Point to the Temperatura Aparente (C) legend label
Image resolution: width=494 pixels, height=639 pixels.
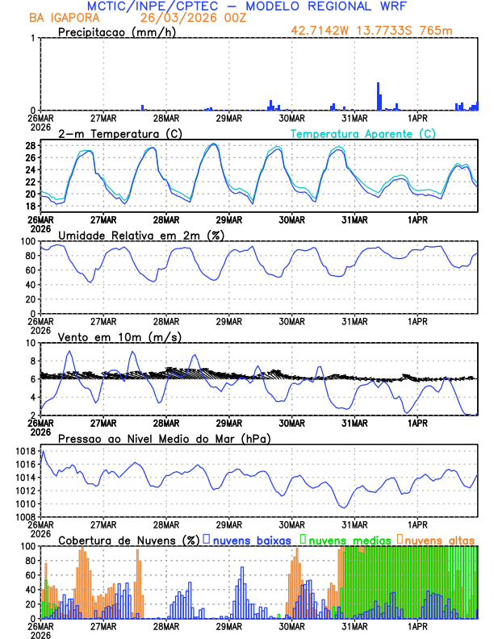coord(363,133)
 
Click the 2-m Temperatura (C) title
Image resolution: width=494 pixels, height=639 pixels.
coord(113,132)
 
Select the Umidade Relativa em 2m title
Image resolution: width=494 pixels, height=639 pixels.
coord(136,235)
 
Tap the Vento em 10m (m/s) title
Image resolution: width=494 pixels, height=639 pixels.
coord(119,336)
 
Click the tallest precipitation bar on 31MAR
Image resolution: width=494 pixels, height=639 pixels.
coord(378,95)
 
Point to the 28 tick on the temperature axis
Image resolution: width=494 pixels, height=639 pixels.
coord(29,146)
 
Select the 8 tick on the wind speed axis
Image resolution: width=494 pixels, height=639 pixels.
coord(31,360)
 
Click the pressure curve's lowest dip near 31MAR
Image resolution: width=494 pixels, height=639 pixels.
coord(345,507)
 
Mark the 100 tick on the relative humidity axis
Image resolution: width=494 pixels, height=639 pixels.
coord(27,241)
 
